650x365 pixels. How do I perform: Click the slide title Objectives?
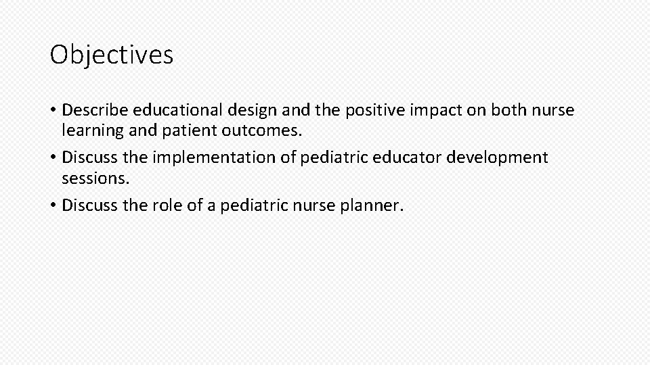click(112, 55)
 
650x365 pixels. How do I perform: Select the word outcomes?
click(261, 129)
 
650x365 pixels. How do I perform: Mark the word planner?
click(372, 205)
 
